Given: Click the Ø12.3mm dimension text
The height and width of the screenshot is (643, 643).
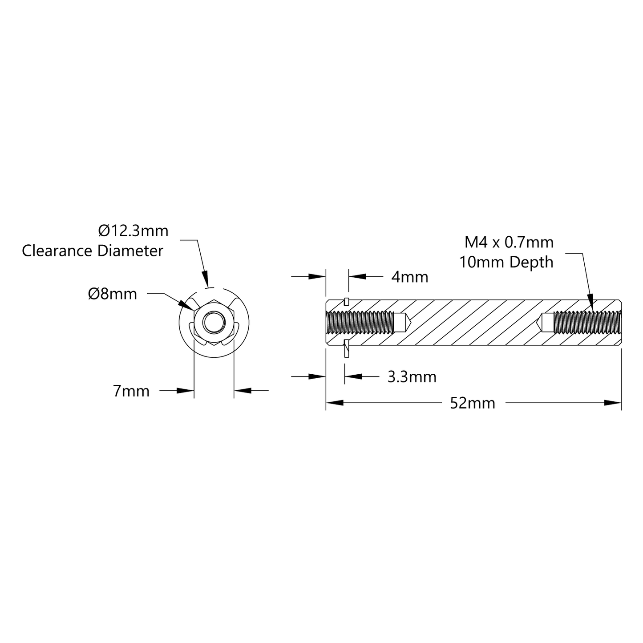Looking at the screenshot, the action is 133,231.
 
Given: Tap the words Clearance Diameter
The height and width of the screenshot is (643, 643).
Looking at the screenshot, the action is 93,251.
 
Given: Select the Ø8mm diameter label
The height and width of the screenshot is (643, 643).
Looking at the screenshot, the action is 113,294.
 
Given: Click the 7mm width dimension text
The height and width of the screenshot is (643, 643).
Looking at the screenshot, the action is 131,391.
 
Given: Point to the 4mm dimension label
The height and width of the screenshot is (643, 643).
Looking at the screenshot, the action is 410,277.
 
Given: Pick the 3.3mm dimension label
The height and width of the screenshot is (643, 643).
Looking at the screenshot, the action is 412,377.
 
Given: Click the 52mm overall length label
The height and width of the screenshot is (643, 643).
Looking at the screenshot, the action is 473,403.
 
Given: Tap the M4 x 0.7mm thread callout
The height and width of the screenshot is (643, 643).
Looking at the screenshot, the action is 509,242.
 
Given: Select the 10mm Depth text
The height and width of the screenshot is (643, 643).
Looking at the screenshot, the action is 506,262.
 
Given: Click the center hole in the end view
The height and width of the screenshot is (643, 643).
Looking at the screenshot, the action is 214,322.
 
